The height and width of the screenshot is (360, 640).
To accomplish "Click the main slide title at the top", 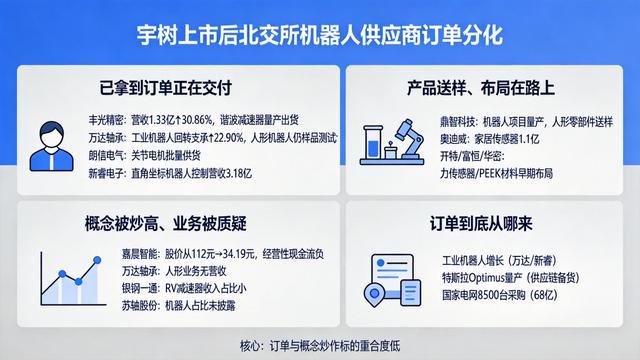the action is pos(320,35).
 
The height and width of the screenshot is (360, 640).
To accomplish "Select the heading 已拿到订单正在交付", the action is pos(166,88).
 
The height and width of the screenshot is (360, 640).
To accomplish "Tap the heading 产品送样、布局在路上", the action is pos(481,88).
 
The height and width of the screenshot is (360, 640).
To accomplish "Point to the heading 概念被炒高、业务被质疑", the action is pos(166,223).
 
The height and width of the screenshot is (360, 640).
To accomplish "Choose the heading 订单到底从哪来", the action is pos(481,223).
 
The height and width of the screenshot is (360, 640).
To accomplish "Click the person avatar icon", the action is pos(51,146).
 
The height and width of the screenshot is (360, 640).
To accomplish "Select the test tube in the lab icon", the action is pos(373,142).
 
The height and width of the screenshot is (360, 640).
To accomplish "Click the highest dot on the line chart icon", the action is pos(97,260).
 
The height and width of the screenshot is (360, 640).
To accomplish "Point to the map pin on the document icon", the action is pos(373,294).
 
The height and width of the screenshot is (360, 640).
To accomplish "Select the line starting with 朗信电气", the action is pos(144,156).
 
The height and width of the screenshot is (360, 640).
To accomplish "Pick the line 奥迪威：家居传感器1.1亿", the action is pos(489,139).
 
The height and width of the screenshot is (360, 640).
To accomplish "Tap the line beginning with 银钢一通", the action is pos(184,289).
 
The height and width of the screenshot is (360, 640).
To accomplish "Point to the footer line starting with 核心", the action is pos(320,346).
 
